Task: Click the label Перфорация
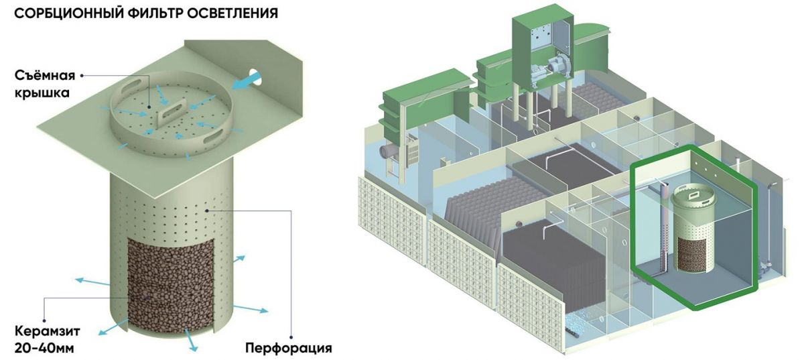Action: [x=288, y=349]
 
